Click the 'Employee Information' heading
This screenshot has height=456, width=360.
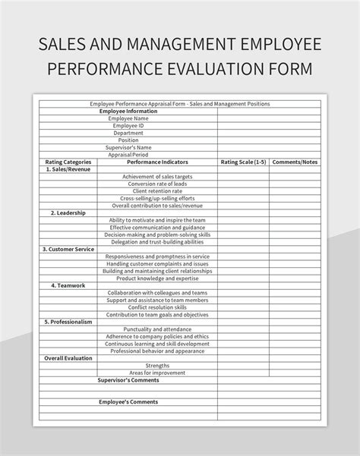click(128, 111)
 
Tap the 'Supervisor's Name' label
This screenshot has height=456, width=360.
click(128, 147)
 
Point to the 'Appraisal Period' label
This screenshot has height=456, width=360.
click(128, 154)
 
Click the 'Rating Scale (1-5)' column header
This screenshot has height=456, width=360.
click(243, 162)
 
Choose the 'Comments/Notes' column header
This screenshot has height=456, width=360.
click(295, 162)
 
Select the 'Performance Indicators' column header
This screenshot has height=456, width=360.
click(157, 162)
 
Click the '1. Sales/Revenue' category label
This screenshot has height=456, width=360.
click(68, 169)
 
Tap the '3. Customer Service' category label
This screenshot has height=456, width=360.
click(68, 249)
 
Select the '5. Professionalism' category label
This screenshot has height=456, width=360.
click(68, 322)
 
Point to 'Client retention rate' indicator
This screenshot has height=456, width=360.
click(157, 190)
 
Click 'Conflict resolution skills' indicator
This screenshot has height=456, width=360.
click(157, 307)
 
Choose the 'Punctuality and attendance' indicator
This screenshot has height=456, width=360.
click(157, 329)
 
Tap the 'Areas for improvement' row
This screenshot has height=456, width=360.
click(157, 373)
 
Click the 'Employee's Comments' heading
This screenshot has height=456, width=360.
click(128, 401)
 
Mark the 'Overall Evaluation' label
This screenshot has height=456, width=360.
click(68, 357)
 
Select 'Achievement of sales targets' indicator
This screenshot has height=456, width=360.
click(157, 176)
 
